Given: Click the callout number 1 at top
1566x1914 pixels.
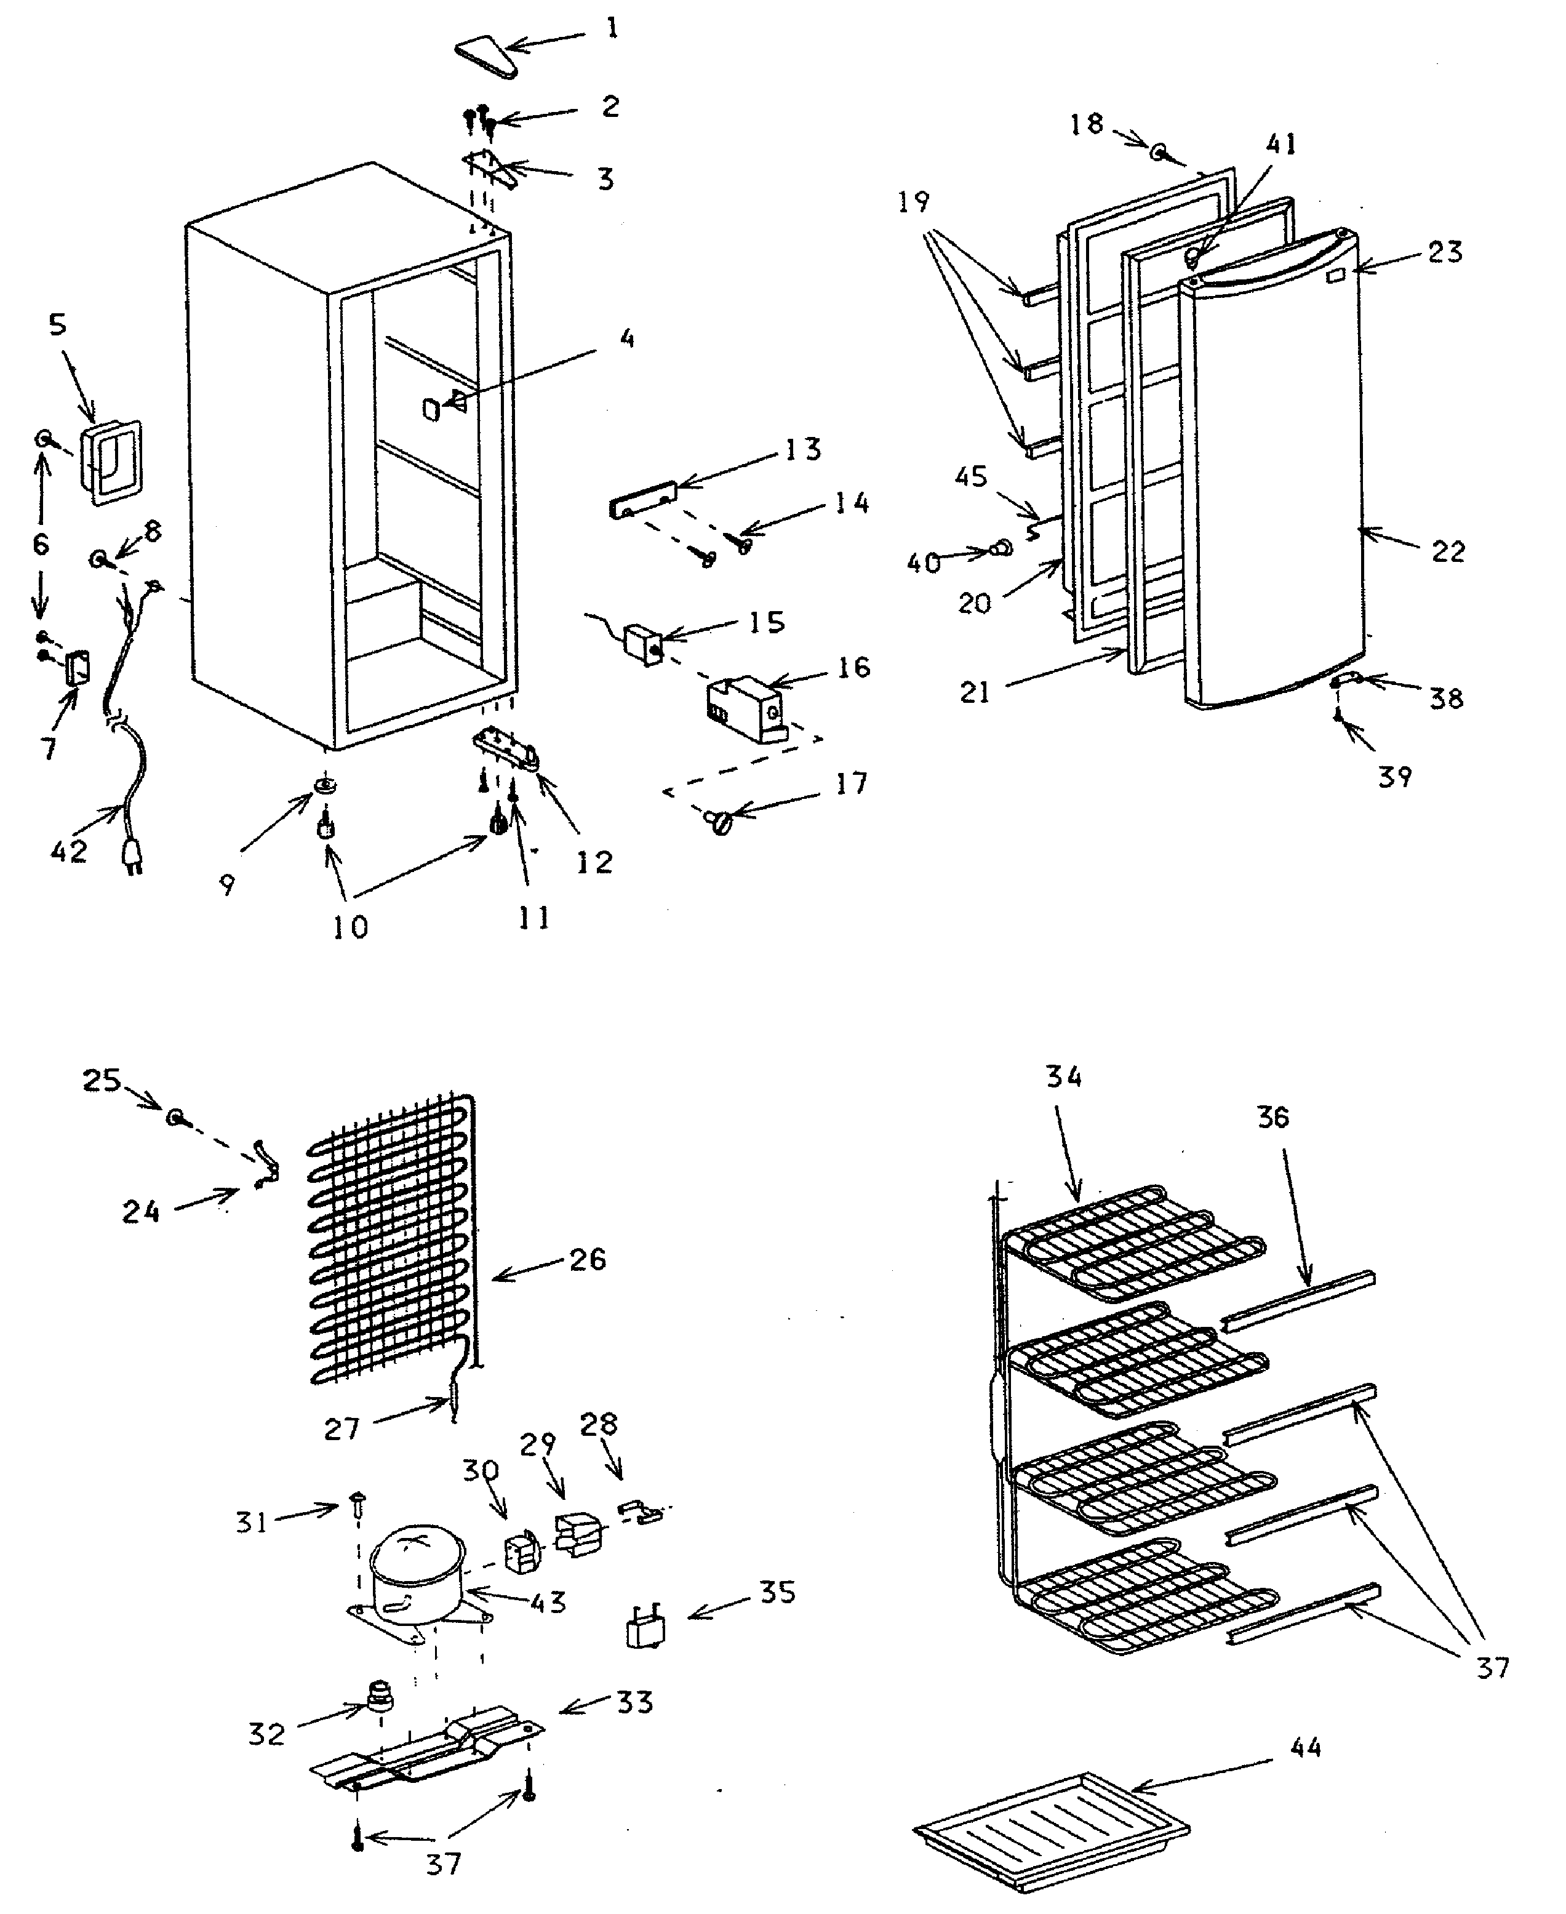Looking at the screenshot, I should pos(612,29).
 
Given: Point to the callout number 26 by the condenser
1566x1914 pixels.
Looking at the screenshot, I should pos(587,1260).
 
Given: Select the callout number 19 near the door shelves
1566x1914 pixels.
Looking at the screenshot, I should pos(913,202).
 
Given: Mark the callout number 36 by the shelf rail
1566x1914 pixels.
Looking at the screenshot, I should pos(1273,1118).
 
